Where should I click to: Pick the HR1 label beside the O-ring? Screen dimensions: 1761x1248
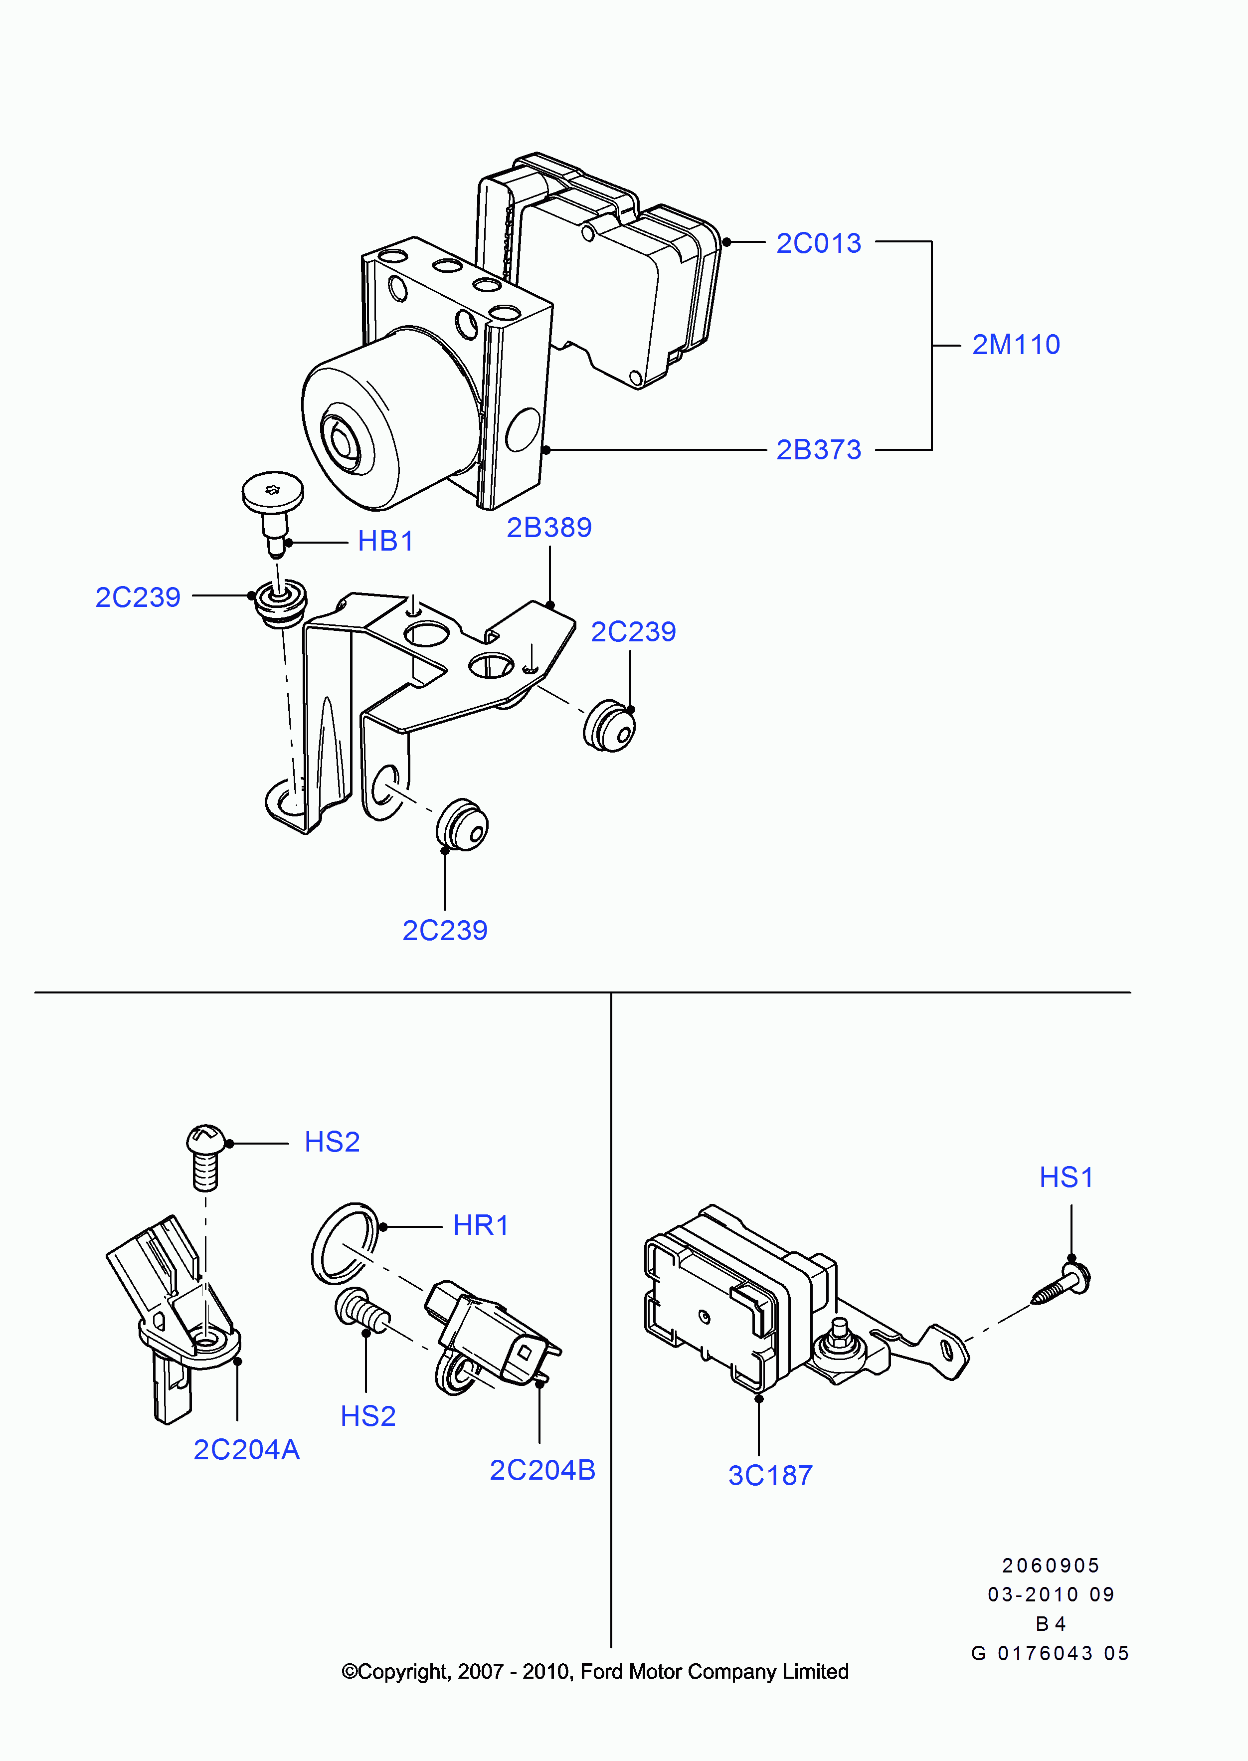(x=480, y=1225)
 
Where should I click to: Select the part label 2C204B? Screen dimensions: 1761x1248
(x=542, y=1470)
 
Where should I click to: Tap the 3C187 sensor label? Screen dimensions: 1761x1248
(x=770, y=1475)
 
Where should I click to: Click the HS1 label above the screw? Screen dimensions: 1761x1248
(x=1066, y=1177)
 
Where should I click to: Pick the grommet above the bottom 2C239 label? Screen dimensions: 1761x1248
(x=462, y=825)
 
